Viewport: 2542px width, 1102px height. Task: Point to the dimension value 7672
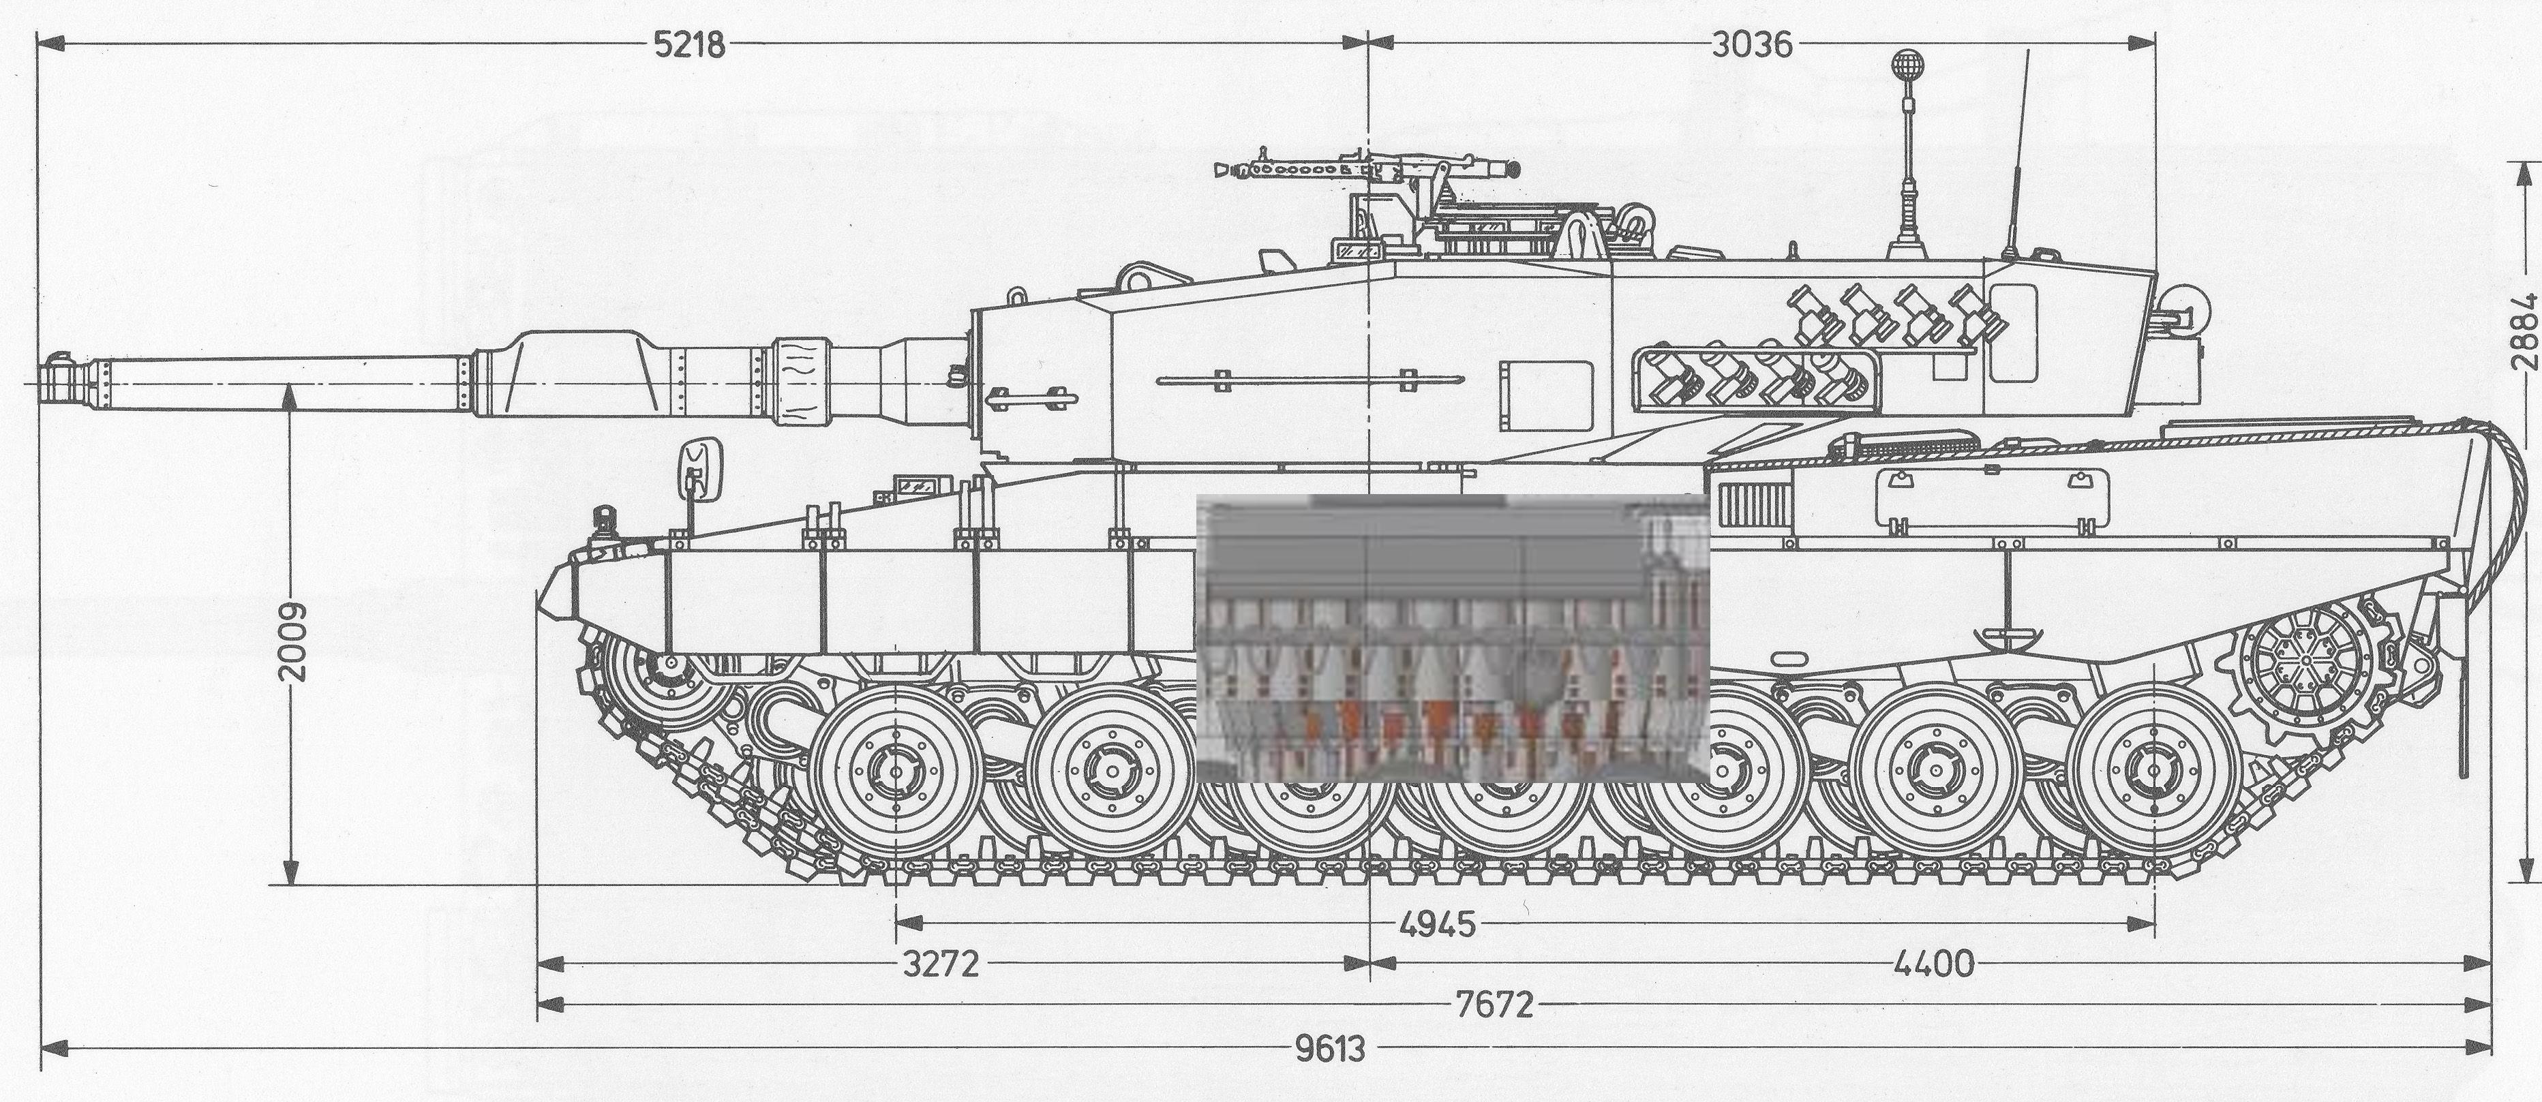click(x=1496, y=1005)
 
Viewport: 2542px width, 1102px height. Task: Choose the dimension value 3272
click(x=942, y=964)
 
